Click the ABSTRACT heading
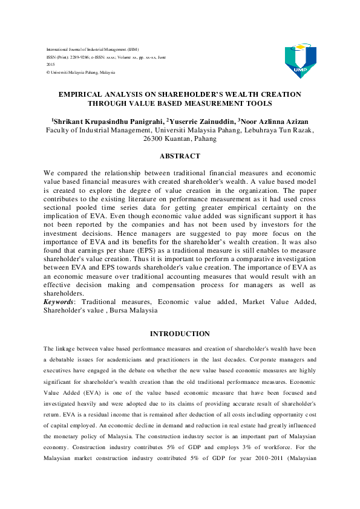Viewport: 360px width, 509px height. pos(180,156)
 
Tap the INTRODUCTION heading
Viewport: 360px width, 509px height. pos(180,334)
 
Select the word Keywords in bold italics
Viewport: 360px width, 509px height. pos(61,301)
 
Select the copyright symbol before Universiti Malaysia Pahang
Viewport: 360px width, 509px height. pos(48,73)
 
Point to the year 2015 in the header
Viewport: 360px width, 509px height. pos(51,65)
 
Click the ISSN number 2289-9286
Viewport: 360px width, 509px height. pos(80,57)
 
